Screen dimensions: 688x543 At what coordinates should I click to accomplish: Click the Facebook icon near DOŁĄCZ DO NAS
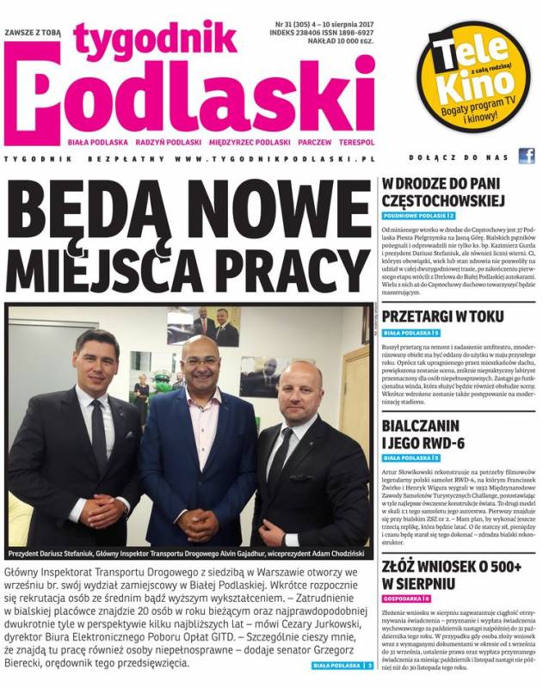click(525, 157)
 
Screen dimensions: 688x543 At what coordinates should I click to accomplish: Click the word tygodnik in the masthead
click(155, 37)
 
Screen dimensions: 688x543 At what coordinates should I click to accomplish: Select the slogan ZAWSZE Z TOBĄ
click(36, 33)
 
